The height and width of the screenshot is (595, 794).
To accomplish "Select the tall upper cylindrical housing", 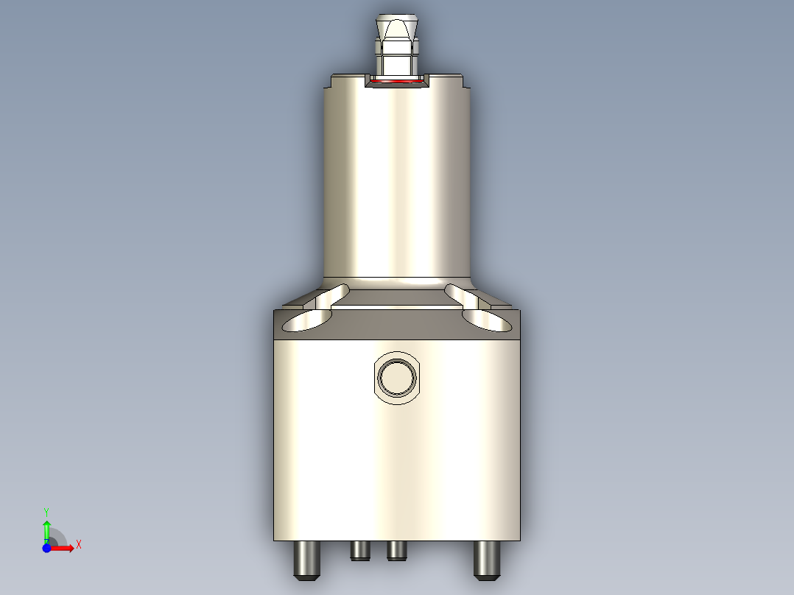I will point(397,180).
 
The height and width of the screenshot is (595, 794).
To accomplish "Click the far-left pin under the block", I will point(306,560).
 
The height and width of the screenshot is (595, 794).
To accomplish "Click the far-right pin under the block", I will point(485,560).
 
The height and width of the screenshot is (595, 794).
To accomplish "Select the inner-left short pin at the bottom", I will point(360,551).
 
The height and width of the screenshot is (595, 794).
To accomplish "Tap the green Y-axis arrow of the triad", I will point(46,529).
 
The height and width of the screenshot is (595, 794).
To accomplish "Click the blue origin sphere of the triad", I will point(46,548).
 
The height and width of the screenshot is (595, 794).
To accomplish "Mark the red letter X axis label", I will point(79,544).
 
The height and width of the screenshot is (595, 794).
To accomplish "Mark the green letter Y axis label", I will point(46,511).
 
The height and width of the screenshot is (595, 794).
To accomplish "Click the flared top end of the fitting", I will point(397,21).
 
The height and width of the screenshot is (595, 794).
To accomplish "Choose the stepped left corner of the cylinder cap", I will point(329,81).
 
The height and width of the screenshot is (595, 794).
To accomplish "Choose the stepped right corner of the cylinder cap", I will point(464,81).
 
